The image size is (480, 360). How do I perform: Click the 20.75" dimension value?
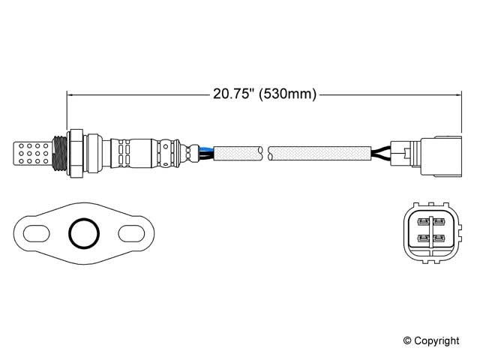click(x=233, y=94)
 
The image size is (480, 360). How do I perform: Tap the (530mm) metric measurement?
click(x=288, y=94)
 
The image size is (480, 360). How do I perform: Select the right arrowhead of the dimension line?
click(x=457, y=94)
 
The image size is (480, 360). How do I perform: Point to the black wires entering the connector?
click(x=382, y=152)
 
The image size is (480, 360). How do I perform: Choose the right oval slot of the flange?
click(x=131, y=232)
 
